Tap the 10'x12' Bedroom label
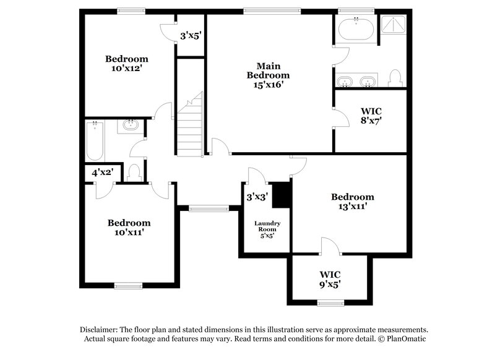(127, 64)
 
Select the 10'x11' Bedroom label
(129, 228)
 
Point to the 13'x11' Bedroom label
(352, 202)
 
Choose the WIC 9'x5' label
(330, 279)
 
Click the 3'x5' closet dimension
(191, 36)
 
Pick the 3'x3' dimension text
(256, 197)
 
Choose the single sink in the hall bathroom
(131, 126)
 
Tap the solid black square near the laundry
(282, 195)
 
